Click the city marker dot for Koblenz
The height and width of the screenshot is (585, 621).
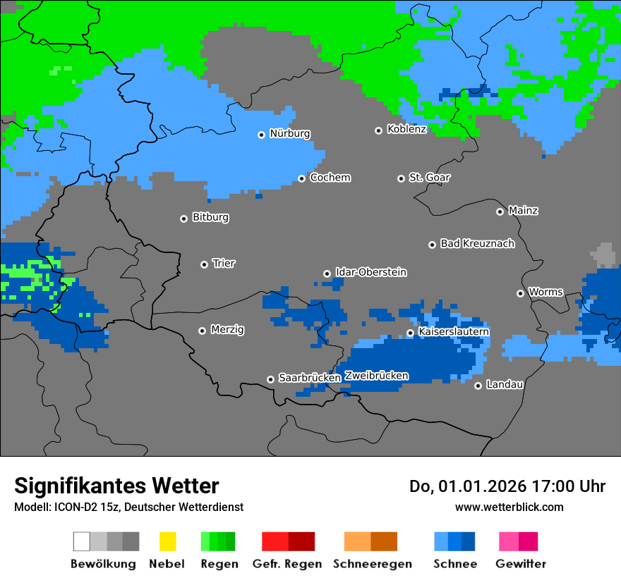click(x=378, y=130)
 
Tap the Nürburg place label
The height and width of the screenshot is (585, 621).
click(x=289, y=134)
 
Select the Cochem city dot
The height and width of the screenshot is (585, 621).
click(x=301, y=178)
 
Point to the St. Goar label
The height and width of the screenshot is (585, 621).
click(x=429, y=178)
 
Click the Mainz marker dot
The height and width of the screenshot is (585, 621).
click(x=500, y=211)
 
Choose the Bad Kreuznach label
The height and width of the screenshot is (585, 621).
click(x=477, y=244)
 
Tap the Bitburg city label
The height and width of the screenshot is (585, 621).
click(x=210, y=218)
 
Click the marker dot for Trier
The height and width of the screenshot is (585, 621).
click(x=204, y=264)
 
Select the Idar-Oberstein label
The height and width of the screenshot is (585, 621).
click(x=370, y=273)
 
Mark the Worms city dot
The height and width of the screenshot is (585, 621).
click(x=520, y=293)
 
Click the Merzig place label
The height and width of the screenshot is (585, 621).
click(x=227, y=330)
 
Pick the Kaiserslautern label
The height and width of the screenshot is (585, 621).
click(x=453, y=332)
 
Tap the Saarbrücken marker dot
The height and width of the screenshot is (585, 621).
click(x=270, y=379)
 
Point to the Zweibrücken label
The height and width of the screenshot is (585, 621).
click(x=376, y=376)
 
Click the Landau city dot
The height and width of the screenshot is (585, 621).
click(x=478, y=386)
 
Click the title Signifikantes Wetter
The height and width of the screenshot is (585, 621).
click(x=116, y=486)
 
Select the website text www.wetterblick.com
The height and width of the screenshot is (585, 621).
click(x=509, y=507)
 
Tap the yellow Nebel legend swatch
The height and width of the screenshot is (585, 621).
click(x=167, y=541)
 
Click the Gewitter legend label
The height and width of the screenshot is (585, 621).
click(x=520, y=564)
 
